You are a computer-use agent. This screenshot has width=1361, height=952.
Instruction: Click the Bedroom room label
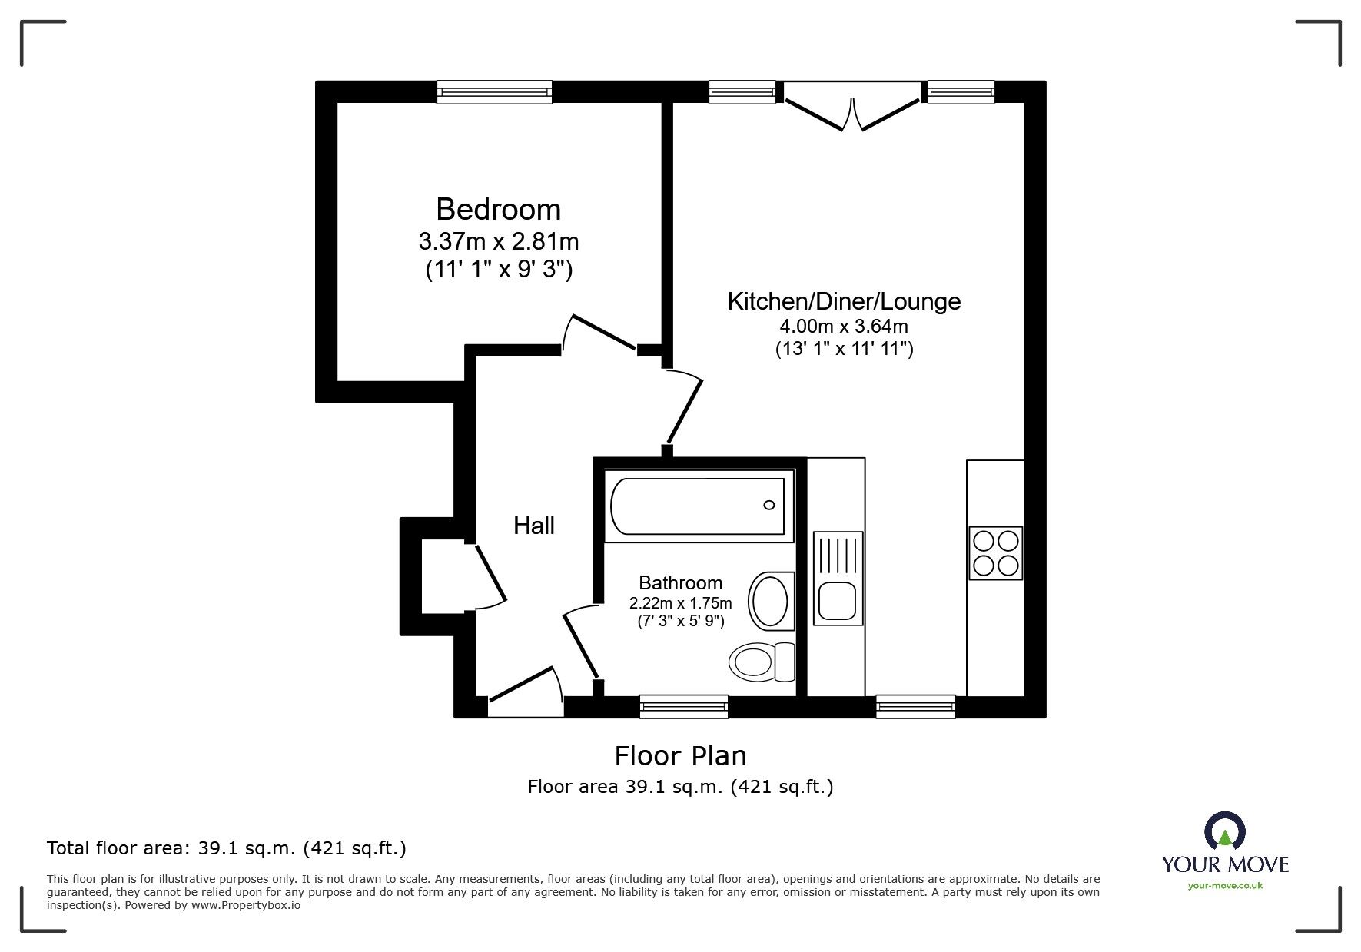coord(498,210)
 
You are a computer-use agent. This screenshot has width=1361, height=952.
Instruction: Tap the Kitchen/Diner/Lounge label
coord(843,301)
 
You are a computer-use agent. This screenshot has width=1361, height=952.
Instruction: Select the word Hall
coord(533,526)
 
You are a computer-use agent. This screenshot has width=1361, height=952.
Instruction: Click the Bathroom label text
coord(680,583)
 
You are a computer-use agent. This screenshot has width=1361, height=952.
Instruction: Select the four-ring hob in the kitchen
coord(995,553)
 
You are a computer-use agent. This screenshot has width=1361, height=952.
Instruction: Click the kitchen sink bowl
coord(837,600)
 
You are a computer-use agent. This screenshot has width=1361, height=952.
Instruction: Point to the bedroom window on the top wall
coord(494,92)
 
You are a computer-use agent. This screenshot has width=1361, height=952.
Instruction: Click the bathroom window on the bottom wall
coord(683,705)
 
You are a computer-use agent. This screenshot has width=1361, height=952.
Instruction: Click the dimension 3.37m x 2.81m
coord(498,242)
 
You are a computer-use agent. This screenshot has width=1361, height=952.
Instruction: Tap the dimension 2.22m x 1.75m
coord(680,603)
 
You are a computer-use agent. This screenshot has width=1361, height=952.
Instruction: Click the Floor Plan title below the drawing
coord(680,756)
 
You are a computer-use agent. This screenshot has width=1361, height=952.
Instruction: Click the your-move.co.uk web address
coord(1225,886)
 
